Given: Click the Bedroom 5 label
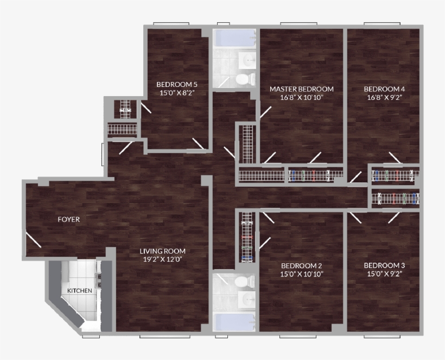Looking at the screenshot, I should point(176,84).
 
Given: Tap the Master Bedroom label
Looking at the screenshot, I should point(301,89).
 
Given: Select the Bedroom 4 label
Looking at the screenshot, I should point(384,89).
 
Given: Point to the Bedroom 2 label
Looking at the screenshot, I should point(301,266).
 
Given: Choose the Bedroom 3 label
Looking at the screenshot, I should point(384,266).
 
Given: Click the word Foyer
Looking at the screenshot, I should point(69,220).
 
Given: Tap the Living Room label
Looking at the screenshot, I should point(162,251).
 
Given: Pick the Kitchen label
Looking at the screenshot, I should point(79,291).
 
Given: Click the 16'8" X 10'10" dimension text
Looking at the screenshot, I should point(301,98).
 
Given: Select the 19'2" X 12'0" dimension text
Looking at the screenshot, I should point(162,260).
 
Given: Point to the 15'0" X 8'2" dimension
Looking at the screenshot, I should point(176,93).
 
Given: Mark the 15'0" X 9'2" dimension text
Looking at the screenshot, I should point(384,274).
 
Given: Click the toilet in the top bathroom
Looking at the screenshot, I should point(245,80).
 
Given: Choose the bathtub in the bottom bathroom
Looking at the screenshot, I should point(233,322).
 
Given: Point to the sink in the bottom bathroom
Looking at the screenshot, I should point(248,300).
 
